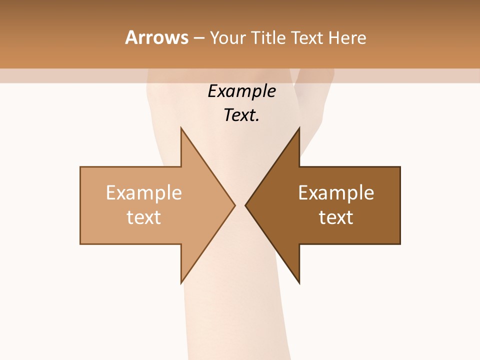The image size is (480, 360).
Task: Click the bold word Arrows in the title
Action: [x=156, y=37]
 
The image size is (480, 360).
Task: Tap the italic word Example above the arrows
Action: [x=241, y=92]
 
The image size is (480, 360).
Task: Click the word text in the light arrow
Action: [x=143, y=217]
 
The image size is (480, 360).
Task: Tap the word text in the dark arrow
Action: [x=336, y=217]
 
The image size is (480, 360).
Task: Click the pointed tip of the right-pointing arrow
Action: [x=235, y=205]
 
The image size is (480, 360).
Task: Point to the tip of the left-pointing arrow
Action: [x=245, y=205]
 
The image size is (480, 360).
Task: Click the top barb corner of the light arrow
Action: [x=181, y=128]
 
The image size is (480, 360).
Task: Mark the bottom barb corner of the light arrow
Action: [x=181, y=283]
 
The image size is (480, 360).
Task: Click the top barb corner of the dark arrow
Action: [x=299, y=128]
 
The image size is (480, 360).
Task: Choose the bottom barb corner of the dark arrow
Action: [x=299, y=283]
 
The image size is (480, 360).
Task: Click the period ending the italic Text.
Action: [x=257, y=120]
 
